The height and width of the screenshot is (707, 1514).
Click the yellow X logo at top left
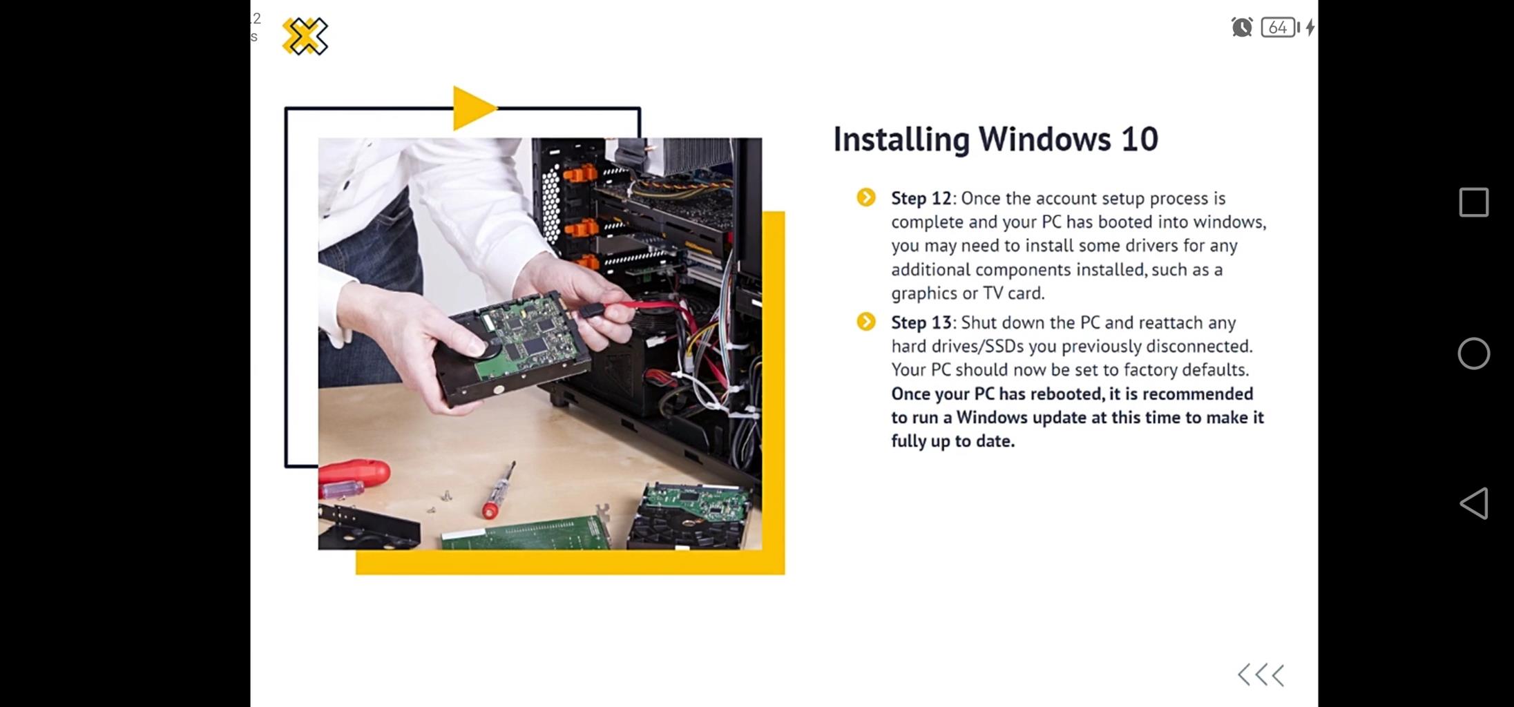(305, 36)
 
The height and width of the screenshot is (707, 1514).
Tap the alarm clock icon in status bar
(1242, 27)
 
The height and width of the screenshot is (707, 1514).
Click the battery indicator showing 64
(1278, 27)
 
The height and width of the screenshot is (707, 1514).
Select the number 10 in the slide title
(1140, 139)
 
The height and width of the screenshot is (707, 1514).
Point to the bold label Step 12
(921, 198)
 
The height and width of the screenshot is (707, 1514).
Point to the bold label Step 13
(921, 322)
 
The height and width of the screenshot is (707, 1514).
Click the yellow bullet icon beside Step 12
(866, 197)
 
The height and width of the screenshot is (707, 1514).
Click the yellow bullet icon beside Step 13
(866, 322)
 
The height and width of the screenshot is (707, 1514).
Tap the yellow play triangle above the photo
(472, 108)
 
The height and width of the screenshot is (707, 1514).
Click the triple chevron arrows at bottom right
(1261, 675)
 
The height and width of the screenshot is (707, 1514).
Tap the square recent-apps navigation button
(1474, 202)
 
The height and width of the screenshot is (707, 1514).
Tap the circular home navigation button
(1474, 353)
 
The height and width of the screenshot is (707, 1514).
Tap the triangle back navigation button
(1473, 503)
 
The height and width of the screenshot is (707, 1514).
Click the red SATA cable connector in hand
(592, 310)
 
